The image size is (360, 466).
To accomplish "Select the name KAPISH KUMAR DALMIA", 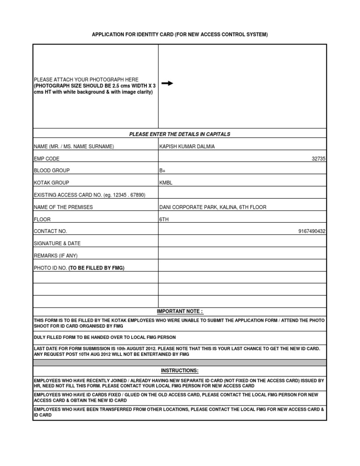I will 187,147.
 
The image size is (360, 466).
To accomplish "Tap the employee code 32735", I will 318,159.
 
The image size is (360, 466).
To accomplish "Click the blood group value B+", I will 163,171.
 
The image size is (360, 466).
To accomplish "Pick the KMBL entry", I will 166,183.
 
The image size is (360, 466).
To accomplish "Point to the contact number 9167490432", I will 312,232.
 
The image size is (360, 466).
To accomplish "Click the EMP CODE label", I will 46,159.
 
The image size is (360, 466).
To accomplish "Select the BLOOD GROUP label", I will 52,171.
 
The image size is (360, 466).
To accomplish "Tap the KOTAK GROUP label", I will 52,183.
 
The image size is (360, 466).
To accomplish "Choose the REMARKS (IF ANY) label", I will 56,256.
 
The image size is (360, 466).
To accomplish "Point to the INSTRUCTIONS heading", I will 180,371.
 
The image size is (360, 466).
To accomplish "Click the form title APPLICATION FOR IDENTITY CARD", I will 180,35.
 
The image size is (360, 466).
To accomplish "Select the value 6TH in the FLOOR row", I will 164,219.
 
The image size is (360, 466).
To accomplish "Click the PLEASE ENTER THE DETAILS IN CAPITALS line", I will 180,135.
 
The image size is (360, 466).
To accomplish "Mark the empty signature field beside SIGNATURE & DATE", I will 242,244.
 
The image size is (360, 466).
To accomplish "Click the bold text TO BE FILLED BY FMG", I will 97,268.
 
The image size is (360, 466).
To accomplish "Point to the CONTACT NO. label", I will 51,232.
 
